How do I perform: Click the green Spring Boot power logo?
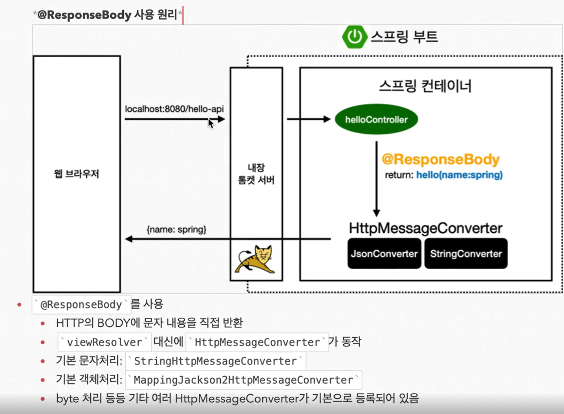[354, 37]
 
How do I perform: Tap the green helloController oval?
[376, 120]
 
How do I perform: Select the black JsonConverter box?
[384, 254]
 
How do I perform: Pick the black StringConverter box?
[466, 254]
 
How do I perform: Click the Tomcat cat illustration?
[256, 259]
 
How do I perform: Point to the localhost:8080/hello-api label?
[174, 109]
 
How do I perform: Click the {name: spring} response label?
[176, 229]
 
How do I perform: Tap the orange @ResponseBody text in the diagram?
[440, 159]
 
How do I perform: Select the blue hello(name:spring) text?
[459, 175]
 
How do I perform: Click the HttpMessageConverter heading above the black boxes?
[425, 228]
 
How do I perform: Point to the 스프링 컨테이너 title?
[425, 86]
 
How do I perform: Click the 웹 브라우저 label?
[77, 174]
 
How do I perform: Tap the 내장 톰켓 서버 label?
[256, 174]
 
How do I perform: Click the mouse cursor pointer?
[211, 123]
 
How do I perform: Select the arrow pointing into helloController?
[309, 119]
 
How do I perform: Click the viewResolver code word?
[104, 342]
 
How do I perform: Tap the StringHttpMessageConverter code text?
[215, 361]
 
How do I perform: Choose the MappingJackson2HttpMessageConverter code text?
[244, 380]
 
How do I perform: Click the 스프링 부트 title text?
[404, 37]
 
